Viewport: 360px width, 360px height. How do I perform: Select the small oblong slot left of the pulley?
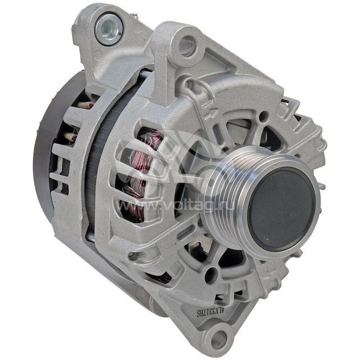point(184,234)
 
